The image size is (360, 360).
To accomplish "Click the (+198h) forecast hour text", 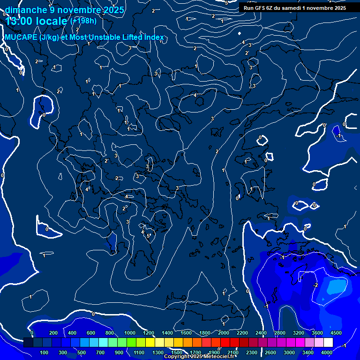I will (83, 21).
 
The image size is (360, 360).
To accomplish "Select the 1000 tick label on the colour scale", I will (130, 333).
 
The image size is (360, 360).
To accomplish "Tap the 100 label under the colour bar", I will (45, 352).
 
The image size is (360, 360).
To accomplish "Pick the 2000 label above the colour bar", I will (224, 333).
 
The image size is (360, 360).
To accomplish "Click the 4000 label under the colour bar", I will (327, 352).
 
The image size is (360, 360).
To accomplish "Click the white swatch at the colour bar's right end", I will (328, 343).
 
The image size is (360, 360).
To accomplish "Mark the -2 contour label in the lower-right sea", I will (315, 285).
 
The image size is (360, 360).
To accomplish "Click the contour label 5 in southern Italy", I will (149, 235).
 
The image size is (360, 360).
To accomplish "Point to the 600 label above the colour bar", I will (91, 333).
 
